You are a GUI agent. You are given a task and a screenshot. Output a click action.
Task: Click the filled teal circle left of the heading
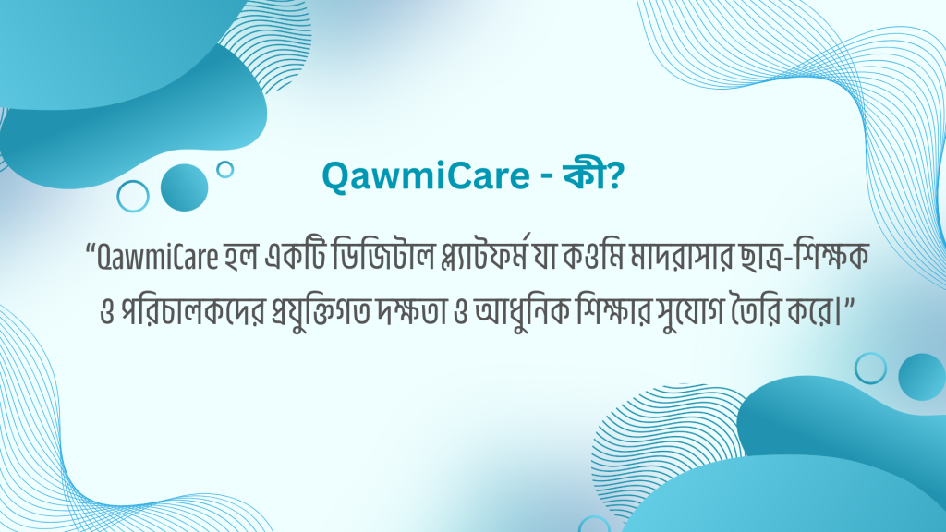(x=184, y=188)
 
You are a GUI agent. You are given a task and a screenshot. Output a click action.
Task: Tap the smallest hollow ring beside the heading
(x=224, y=169)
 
